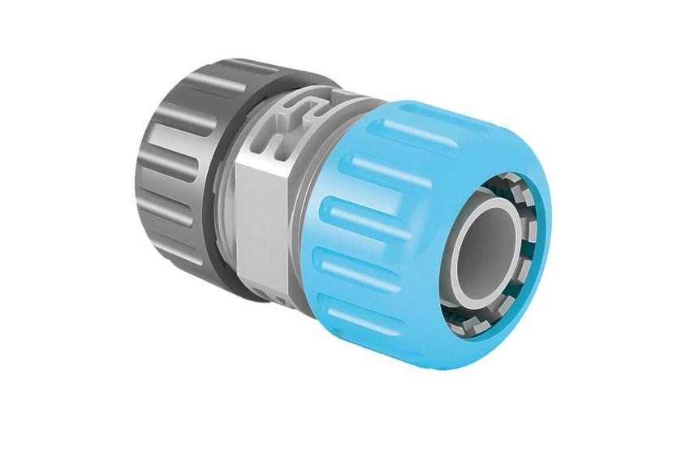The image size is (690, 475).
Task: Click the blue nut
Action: (382, 227)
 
